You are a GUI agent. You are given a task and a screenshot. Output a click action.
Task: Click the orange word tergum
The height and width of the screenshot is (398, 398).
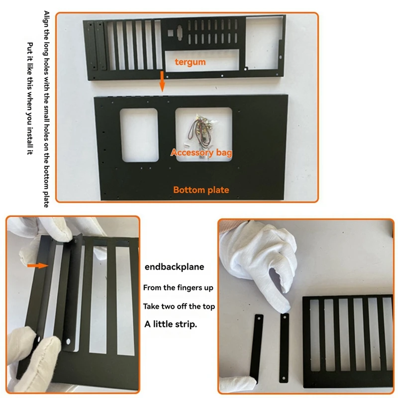tap(190, 62)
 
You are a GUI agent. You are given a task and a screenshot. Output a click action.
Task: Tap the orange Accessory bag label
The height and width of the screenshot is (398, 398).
tap(201, 152)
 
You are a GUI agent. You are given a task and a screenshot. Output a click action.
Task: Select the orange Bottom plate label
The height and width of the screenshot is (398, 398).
tap(201, 190)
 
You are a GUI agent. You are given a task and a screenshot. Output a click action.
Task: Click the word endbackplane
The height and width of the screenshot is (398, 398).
tap(175, 267)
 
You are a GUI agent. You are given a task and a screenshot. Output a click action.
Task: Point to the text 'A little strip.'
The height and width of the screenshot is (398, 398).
tap(171, 324)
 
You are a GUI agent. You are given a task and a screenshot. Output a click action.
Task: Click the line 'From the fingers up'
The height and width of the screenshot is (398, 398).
tap(178, 288)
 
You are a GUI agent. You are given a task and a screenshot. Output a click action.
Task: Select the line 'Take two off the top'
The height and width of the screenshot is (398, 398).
tap(179, 306)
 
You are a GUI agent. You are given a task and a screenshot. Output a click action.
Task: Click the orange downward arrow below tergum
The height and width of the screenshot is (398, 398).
tap(162, 81)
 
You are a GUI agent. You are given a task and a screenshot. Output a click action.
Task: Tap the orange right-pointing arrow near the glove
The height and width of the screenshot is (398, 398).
tap(38, 266)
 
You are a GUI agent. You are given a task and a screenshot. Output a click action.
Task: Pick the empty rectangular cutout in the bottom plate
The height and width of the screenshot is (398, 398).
tap(139, 135)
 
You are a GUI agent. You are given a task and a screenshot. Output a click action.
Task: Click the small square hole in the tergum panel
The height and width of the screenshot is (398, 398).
tap(171, 33)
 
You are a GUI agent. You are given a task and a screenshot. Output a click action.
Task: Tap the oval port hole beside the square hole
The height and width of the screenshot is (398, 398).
tap(180, 33)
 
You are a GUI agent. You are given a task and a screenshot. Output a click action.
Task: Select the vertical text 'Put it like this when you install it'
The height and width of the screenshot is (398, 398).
tap(30, 99)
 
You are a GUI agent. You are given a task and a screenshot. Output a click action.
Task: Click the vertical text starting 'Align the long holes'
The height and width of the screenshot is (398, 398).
tap(46, 109)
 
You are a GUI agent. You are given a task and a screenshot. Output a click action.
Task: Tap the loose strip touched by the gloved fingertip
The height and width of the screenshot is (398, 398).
tap(284, 348)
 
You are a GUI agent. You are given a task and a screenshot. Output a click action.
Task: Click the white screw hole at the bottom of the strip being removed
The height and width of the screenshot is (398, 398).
tap(68, 342)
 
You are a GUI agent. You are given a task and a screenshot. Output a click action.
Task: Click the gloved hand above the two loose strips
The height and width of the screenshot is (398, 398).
tap(259, 262)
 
